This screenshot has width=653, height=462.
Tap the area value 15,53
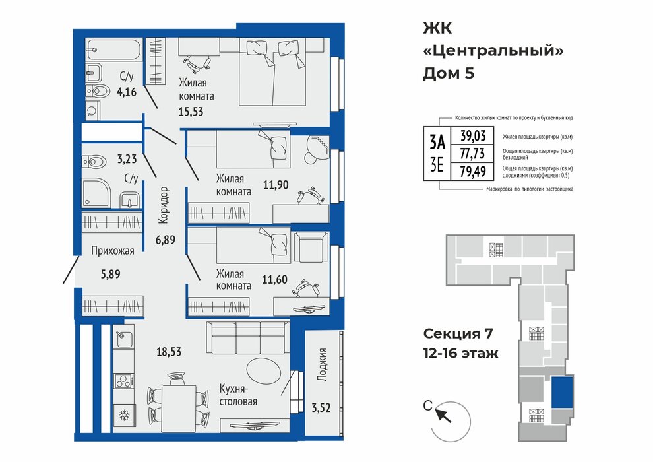point(191,112)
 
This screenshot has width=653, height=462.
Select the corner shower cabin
point(96,193)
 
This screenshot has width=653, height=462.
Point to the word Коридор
point(164,205)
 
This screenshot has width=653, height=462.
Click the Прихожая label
point(112,251)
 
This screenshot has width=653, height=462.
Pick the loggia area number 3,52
point(321,407)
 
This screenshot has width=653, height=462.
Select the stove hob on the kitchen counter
point(124,381)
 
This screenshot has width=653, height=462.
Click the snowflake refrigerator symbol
point(124,415)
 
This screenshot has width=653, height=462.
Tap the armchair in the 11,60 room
point(310,247)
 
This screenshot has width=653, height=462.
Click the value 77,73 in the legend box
point(472,154)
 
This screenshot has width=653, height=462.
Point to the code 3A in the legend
point(437,143)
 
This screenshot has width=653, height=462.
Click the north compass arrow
point(443,415)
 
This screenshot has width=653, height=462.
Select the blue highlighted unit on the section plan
point(562,391)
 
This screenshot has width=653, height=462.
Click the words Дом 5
point(449,73)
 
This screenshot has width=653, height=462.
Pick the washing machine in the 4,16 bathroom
point(92,110)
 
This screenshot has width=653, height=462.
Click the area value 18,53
point(169,352)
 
